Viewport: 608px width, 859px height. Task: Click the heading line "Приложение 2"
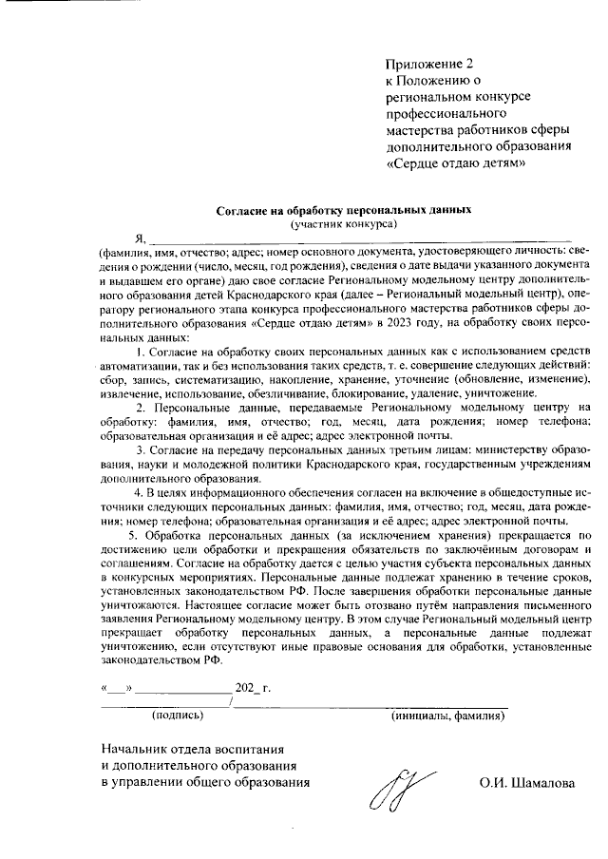[x=427, y=64]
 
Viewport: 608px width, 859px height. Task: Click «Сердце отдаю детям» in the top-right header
[x=455, y=162]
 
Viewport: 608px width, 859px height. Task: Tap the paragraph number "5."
[x=142, y=535]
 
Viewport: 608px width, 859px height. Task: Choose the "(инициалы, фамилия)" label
[x=447, y=714]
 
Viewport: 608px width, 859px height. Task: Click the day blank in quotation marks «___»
[x=118, y=685]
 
